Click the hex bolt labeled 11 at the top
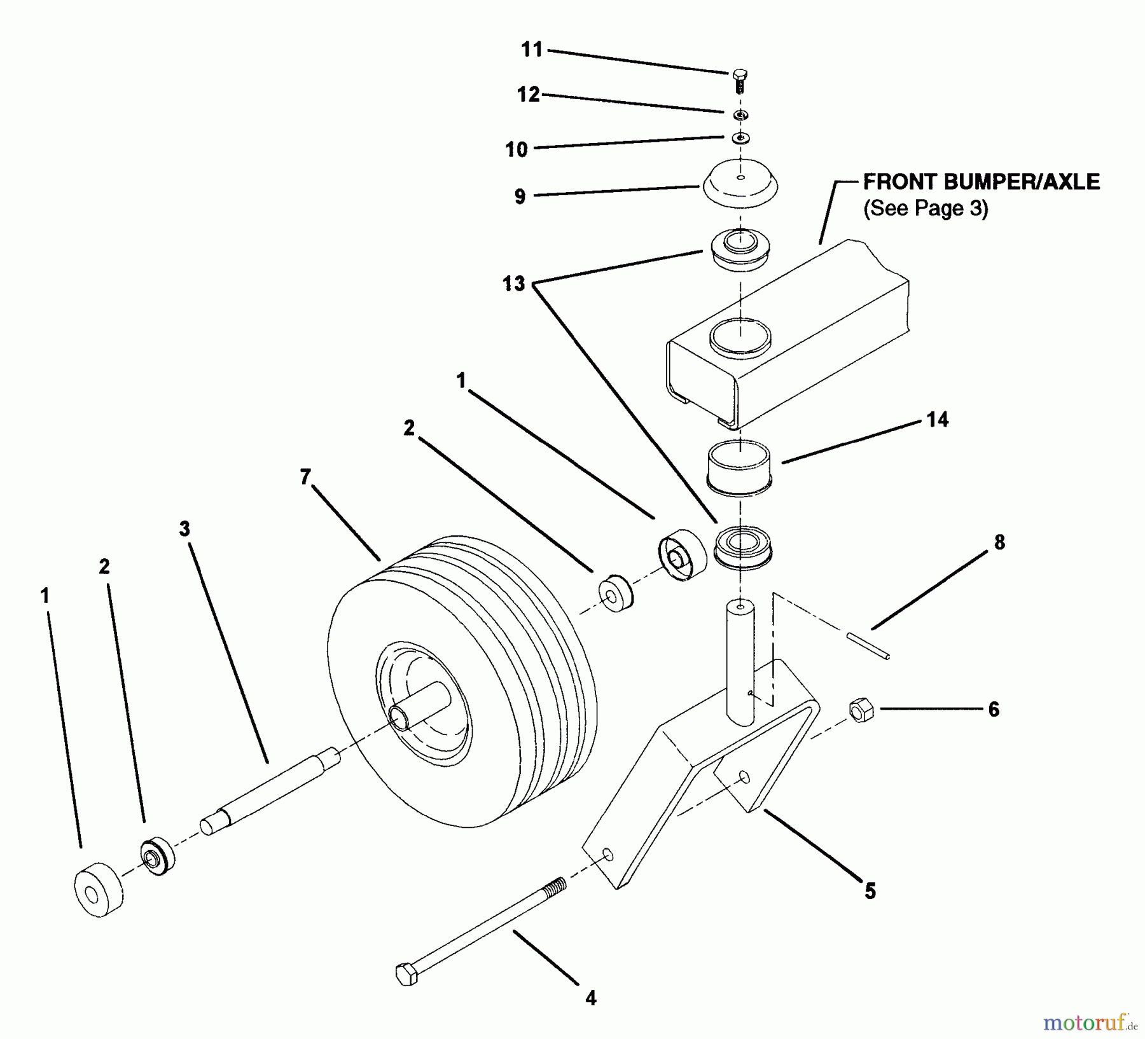[739, 81]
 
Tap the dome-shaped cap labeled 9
[740, 183]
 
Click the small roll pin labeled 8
[868, 645]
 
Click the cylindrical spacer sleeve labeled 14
[739, 469]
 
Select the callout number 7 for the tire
[305, 476]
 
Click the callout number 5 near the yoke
[870, 891]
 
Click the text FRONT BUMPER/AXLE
[981, 182]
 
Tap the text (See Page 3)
[925, 209]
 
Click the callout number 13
[514, 283]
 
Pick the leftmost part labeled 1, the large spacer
[99, 890]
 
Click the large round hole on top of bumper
[740, 337]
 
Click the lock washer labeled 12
[740, 115]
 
